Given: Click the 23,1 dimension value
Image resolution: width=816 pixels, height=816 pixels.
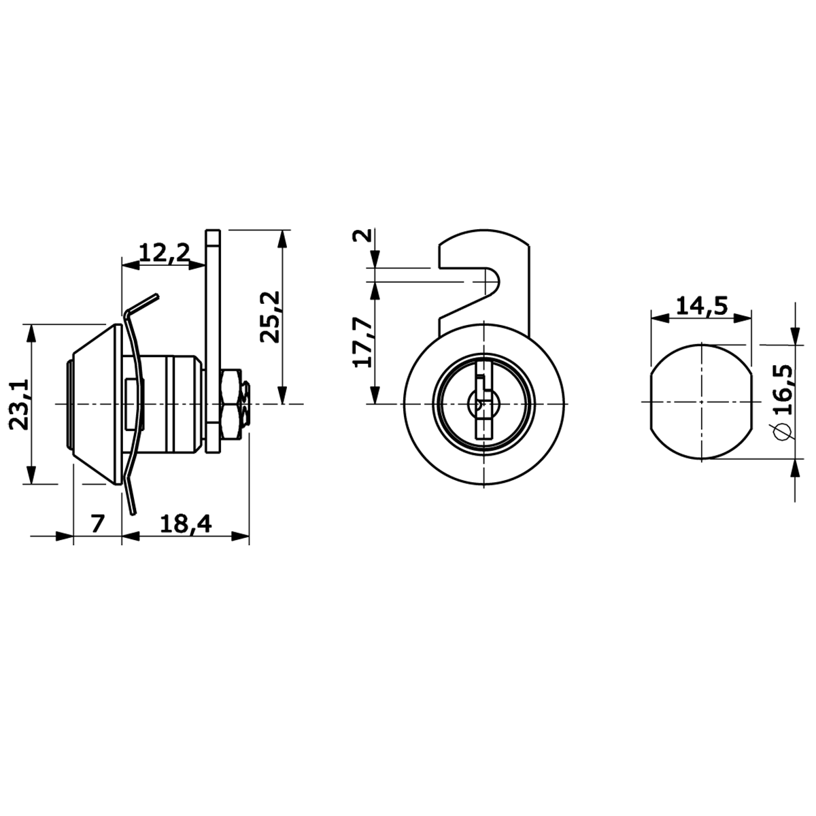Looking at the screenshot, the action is point(19,405).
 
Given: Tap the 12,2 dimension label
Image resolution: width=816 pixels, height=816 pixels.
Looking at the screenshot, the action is point(165,253).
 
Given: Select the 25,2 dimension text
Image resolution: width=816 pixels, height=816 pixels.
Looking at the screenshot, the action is point(270,317).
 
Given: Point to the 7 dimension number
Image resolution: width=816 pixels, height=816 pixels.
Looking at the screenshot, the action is point(97,524).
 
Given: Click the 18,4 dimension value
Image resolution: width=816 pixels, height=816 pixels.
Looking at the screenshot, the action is point(186,525).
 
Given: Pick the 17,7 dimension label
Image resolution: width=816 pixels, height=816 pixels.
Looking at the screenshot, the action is point(363,342).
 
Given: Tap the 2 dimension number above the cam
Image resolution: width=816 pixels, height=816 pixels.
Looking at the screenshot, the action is point(362,235).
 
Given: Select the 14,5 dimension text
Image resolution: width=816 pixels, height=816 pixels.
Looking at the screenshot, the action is point(702,305).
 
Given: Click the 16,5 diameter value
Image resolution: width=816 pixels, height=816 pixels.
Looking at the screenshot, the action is point(782,389).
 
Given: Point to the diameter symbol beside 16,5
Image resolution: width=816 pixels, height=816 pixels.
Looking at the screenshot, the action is point(783,431).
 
